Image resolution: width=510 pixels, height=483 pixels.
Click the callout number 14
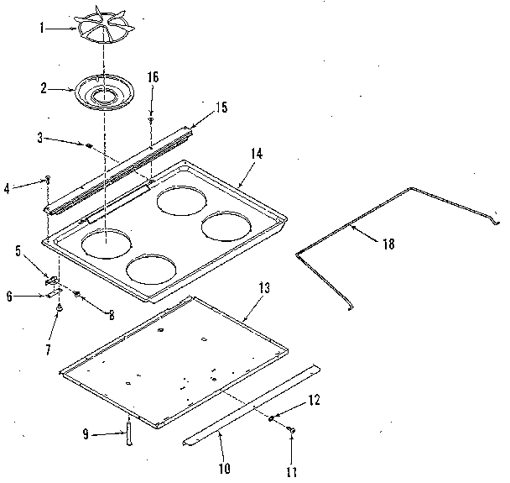(x=257, y=155)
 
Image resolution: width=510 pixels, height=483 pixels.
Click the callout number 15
(x=221, y=108)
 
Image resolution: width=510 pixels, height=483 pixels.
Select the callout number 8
(x=110, y=315)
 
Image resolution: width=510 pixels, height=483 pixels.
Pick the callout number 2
(x=44, y=87)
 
